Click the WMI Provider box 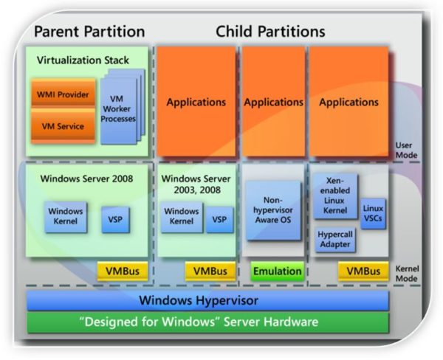point(63,94)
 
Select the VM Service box point(63,126)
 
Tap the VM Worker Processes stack point(122,107)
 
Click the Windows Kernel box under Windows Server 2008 point(66,217)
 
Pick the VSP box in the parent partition point(116,220)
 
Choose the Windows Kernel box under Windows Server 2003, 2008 point(182,217)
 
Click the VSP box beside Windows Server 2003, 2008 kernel point(219,220)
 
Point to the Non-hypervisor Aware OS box point(273,210)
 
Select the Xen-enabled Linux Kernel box point(335,196)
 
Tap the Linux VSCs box point(373,213)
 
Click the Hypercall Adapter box point(335,240)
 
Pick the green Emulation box point(278,271)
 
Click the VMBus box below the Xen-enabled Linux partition point(363,271)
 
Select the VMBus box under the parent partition point(123,271)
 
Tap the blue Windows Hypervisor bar point(207,300)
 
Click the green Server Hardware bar point(207,322)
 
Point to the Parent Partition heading point(89,31)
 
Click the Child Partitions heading point(270,31)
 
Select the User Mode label point(406,150)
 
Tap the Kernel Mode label point(407,274)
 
